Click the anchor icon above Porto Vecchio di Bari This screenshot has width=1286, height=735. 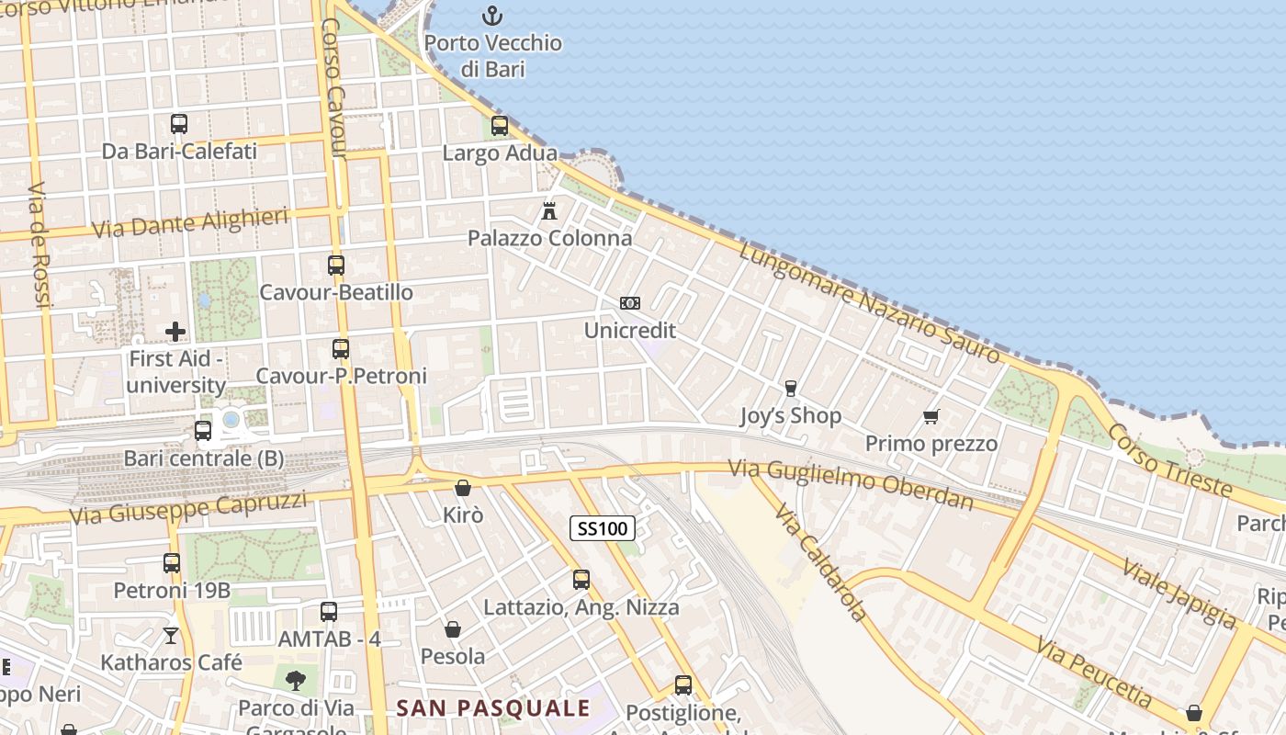click(493, 16)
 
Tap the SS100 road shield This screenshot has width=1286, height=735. click(603, 528)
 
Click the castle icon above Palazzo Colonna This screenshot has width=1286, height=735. click(549, 211)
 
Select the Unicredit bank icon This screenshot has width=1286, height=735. click(629, 303)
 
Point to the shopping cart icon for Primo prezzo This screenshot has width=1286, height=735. click(931, 417)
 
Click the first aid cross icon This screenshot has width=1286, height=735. click(175, 331)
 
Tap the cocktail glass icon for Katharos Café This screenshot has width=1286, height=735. click(171, 635)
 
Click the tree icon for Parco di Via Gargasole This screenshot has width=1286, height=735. click(296, 681)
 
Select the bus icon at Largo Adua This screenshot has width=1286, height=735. click(500, 126)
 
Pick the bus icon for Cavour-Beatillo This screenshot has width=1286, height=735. click(336, 266)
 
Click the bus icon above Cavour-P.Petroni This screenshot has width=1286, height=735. click(341, 349)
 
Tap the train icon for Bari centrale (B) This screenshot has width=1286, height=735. click(203, 430)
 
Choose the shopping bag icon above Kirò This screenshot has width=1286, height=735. click(463, 488)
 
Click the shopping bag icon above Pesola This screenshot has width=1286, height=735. click(453, 629)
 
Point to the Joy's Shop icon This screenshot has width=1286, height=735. click(790, 389)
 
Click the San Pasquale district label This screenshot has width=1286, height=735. click(493, 708)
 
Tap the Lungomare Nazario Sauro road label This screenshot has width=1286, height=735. click(869, 301)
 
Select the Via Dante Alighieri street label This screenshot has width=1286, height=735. click(190, 223)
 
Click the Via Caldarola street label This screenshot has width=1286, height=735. click(820, 561)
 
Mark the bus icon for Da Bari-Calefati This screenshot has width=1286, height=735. click(179, 123)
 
